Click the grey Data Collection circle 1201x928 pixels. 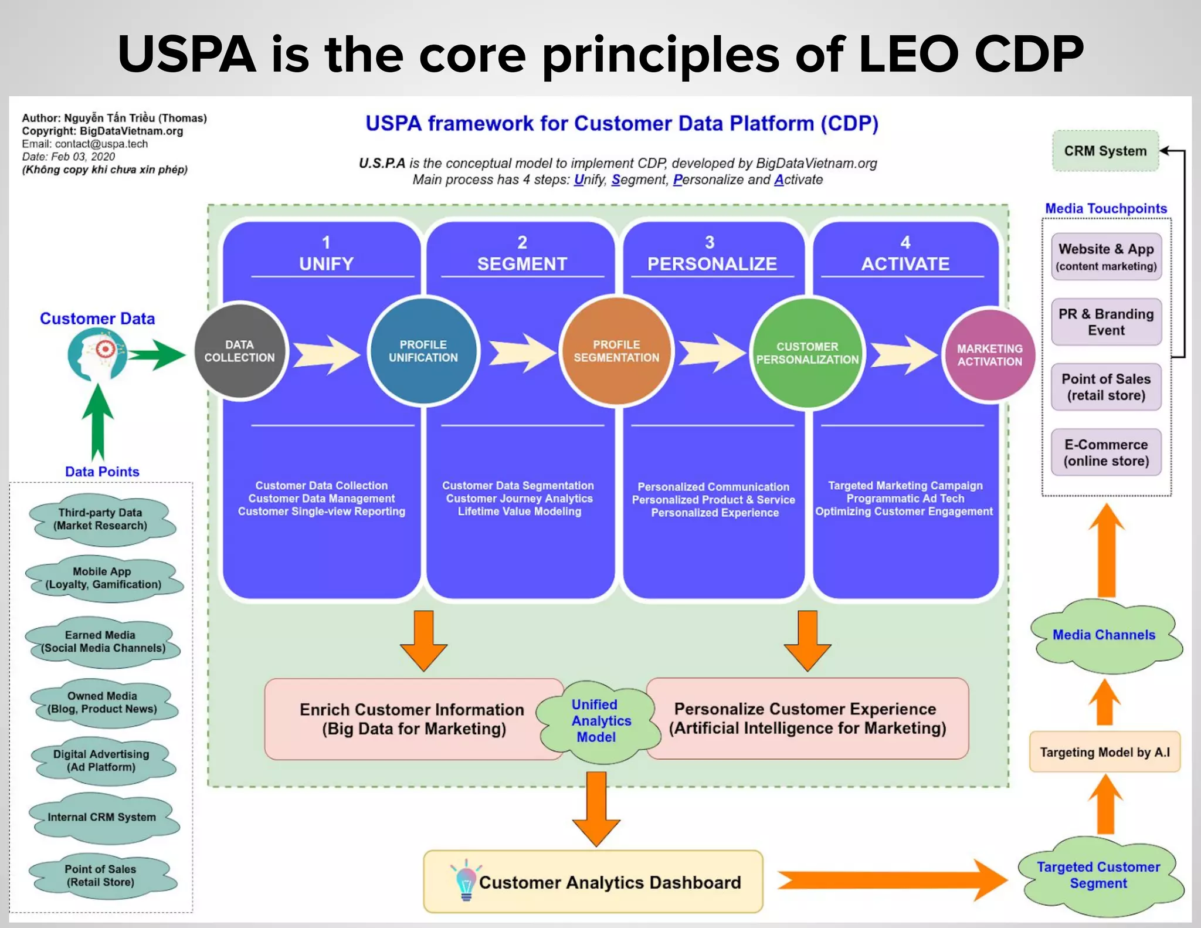tap(240, 351)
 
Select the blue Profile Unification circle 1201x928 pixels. tap(423, 351)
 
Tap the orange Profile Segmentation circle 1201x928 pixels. tap(616, 351)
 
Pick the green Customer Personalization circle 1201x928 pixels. tap(807, 353)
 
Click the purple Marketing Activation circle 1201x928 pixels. tap(989, 355)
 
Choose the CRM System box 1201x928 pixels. tap(1105, 151)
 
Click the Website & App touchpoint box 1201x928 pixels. tap(1106, 256)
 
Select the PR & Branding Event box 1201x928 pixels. tap(1106, 322)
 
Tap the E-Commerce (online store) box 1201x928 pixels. tap(1106, 452)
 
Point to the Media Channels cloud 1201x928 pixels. tap(1104, 635)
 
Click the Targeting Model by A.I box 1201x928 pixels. tap(1104, 752)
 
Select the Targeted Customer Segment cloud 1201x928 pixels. tap(1098, 875)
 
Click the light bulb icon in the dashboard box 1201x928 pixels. tap(466, 881)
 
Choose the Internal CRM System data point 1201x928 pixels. tap(102, 817)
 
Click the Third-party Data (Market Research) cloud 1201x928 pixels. tap(100, 519)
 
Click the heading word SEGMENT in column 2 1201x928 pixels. tap(522, 264)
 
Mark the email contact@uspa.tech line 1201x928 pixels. tap(85, 144)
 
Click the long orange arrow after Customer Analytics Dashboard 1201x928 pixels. tap(891, 880)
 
